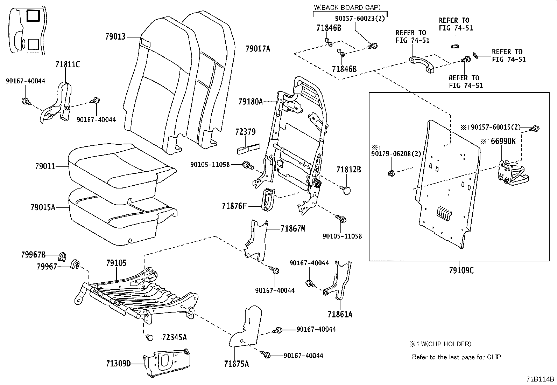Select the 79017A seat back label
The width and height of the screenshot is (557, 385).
tap(258, 49)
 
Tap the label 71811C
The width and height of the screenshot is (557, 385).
tap(67, 64)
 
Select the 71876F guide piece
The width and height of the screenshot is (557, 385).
tap(268, 200)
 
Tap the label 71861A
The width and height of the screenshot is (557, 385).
tap(340, 314)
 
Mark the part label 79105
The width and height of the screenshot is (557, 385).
tap(116, 263)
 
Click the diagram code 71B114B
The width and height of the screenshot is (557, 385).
tap(540, 379)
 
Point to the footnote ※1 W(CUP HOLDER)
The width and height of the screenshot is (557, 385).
tap(440, 344)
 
